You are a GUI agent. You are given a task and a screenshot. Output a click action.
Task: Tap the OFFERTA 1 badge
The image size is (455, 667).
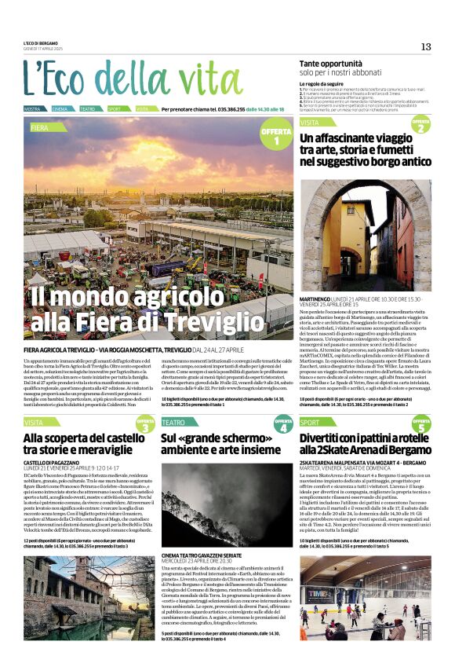click(x=275, y=137)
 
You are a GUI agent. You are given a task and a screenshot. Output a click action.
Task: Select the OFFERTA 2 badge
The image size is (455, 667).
click(x=421, y=126)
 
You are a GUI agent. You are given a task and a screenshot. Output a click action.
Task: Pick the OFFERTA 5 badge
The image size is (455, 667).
click(x=421, y=425)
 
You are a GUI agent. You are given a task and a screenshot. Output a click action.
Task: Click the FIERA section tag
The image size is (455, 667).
click(x=39, y=126)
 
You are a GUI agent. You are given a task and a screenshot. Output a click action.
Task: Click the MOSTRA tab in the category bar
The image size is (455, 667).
click(x=32, y=109)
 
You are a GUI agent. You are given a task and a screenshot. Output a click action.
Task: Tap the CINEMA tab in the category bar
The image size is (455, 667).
click(x=60, y=109)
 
